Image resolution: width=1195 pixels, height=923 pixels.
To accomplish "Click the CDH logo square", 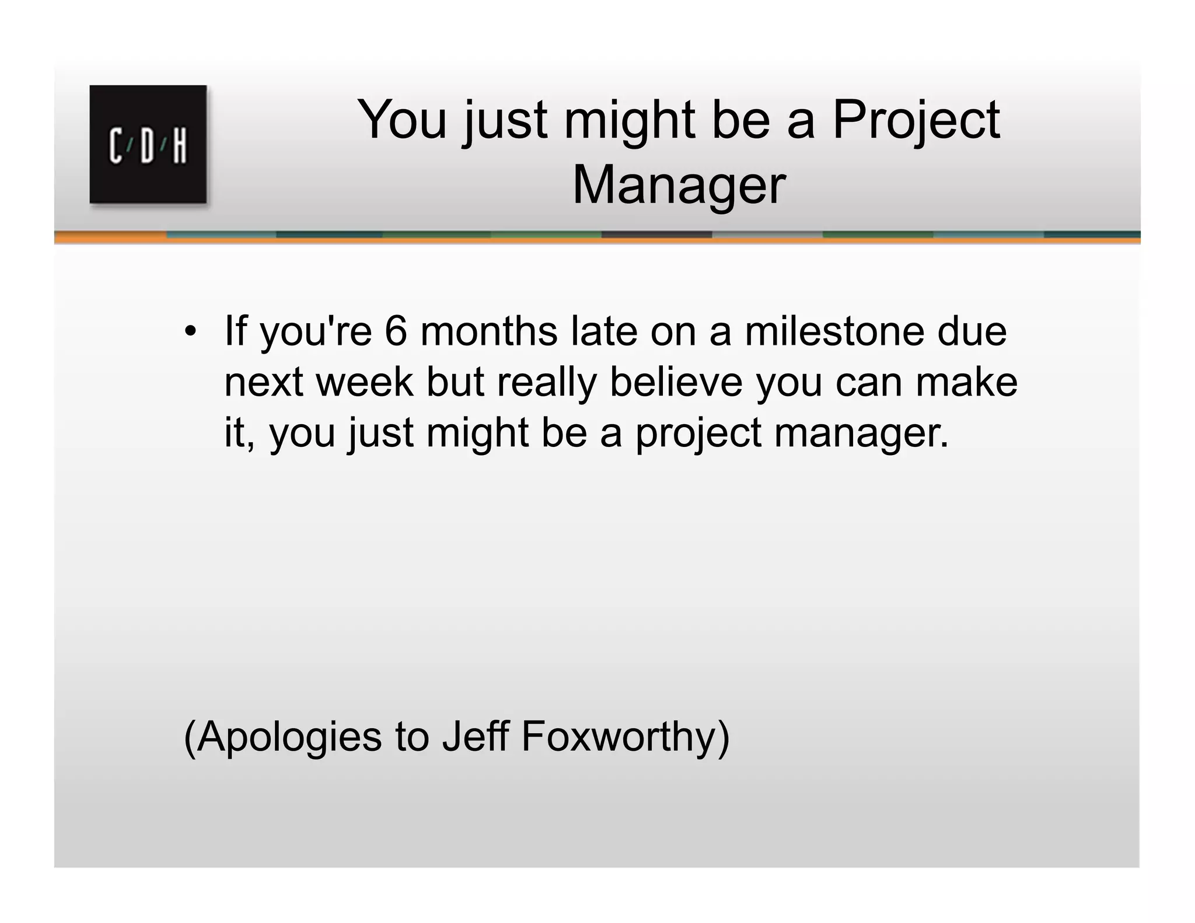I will pyautogui.click(x=148, y=144).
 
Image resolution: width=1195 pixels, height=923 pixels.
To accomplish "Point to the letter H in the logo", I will pyautogui.click(x=180, y=146).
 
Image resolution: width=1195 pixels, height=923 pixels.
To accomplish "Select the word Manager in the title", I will pyautogui.click(x=679, y=186).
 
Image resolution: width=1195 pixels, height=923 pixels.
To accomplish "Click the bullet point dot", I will pyautogui.click(x=190, y=331).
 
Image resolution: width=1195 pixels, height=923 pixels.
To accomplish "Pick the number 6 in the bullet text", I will pyautogui.click(x=396, y=331).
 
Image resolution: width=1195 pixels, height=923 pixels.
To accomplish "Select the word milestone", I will pyautogui.click(x=835, y=331).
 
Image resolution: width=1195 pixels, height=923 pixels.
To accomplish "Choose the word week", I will pyautogui.click(x=364, y=382).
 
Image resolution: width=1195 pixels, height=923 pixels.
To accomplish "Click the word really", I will pyautogui.click(x=547, y=383).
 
